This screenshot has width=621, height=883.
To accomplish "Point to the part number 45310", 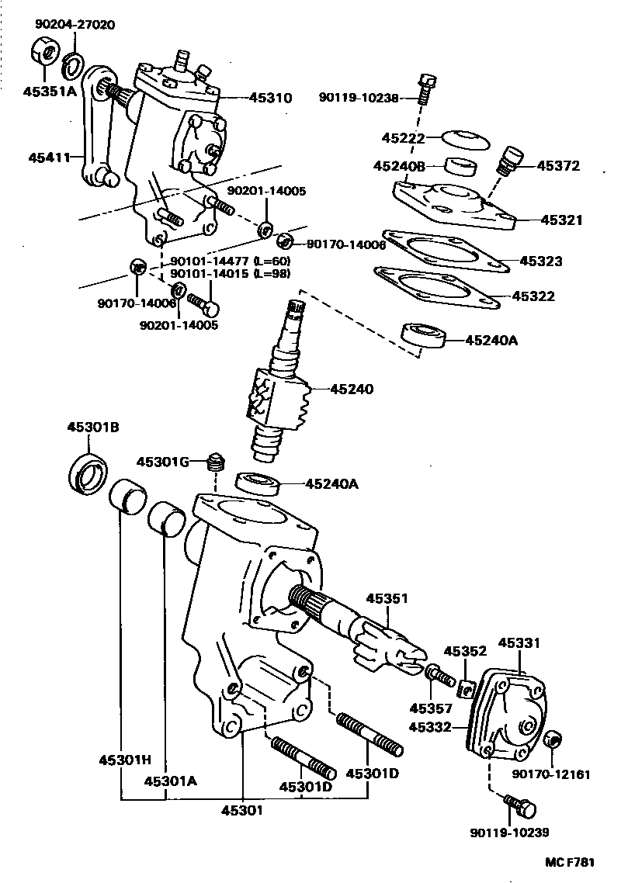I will click(270, 99).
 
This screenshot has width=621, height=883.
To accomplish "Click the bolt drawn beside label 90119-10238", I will click(425, 91).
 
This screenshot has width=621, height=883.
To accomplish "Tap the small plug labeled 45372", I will click(507, 161).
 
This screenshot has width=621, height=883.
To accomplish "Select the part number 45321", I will click(562, 220).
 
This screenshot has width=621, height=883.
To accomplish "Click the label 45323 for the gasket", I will click(541, 261).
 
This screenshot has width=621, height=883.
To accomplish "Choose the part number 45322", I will click(533, 296).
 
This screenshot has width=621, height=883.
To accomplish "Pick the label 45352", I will click(465, 651).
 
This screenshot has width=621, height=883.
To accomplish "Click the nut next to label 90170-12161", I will click(551, 739).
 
